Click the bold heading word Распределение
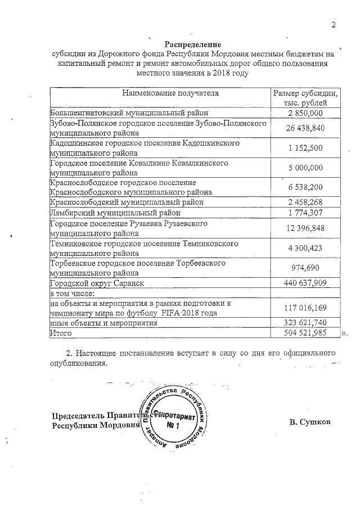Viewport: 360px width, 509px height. point(193,44)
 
